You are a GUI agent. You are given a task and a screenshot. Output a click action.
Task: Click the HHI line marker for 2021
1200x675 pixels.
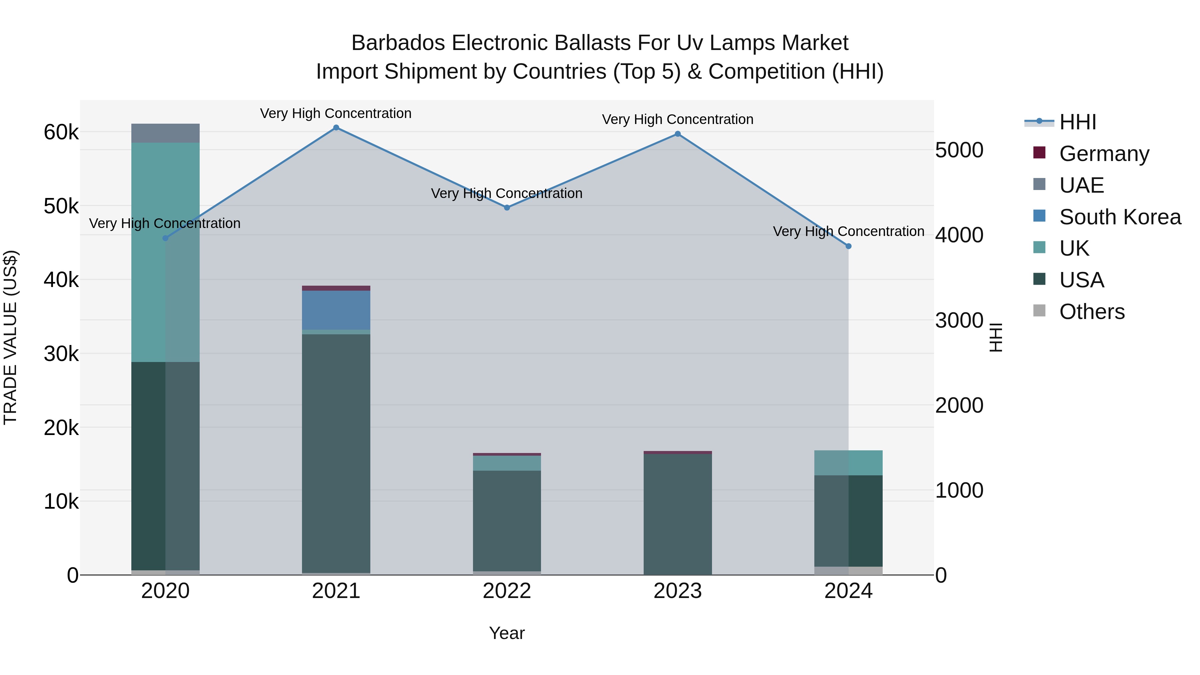click(x=336, y=128)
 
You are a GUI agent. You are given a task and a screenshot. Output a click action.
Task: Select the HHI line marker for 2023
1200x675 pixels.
click(x=678, y=134)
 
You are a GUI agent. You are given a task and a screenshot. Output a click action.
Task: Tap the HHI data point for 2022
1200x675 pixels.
click(x=507, y=208)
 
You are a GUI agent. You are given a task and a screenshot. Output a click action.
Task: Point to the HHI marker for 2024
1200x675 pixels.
click(x=848, y=246)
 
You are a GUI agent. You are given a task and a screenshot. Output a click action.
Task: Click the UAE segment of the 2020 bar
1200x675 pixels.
click(x=165, y=133)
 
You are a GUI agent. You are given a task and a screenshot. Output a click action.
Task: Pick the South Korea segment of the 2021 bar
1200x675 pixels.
click(x=336, y=310)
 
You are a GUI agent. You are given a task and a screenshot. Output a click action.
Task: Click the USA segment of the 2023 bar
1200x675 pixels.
click(x=678, y=512)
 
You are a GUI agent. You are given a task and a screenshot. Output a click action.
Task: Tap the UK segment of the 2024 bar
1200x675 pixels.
click(x=848, y=463)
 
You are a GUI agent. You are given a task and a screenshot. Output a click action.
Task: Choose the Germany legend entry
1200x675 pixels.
click(x=1104, y=154)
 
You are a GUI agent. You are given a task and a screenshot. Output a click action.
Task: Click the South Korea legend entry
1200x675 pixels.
click(x=1120, y=217)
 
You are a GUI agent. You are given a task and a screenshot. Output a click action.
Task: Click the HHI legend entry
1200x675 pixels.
click(x=1077, y=122)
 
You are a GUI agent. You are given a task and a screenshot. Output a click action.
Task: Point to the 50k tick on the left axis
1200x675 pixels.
click(x=61, y=206)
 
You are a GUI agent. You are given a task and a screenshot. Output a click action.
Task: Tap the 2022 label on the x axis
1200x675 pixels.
click(x=507, y=591)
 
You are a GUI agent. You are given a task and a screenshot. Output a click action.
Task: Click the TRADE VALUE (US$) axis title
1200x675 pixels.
click(x=10, y=337)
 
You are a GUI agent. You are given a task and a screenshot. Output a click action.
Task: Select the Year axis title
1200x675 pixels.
click(x=507, y=633)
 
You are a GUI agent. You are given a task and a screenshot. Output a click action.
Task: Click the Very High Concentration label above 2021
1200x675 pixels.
click(x=336, y=113)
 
